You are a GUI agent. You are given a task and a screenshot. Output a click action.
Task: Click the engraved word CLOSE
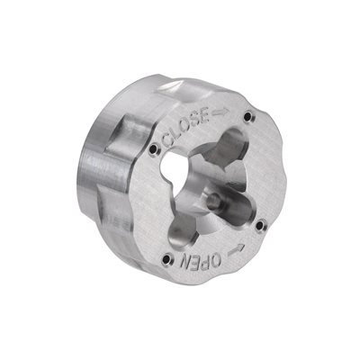[x=186, y=127]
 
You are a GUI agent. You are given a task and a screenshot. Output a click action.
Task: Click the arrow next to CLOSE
[x=220, y=112]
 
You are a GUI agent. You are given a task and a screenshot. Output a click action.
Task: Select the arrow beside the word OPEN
[x=236, y=249]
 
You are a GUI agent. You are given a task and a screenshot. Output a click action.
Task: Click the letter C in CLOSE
[x=168, y=140]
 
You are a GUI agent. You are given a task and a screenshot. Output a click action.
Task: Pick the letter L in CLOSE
[x=177, y=133]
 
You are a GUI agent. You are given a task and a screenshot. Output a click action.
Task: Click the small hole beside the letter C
[x=154, y=148]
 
